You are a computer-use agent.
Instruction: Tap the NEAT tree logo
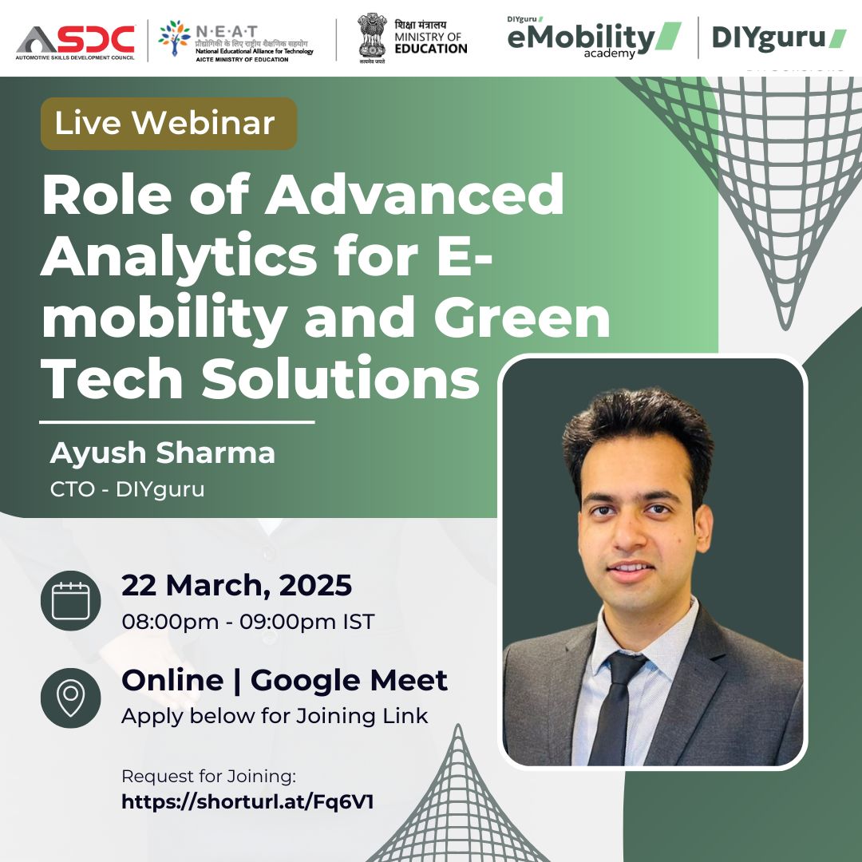[x=174, y=39]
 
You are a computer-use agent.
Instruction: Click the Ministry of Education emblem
[x=371, y=36]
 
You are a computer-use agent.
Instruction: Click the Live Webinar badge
[x=168, y=123]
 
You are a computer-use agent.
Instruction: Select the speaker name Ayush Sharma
[x=163, y=453]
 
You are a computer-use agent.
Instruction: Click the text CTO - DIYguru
[x=128, y=488]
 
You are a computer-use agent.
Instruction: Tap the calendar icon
[x=70, y=600]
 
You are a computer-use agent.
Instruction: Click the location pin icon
[x=70, y=697]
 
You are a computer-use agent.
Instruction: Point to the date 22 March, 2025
[x=236, y=585]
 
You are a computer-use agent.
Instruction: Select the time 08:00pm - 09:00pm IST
[x=247, y=622]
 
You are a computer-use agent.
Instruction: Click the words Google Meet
[x=349, y=680]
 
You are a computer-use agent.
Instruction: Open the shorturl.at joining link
[x=247, y=801]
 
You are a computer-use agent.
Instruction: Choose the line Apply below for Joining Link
[x=275, y=715]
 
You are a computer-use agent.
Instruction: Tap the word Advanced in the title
[x=414, y=196]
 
